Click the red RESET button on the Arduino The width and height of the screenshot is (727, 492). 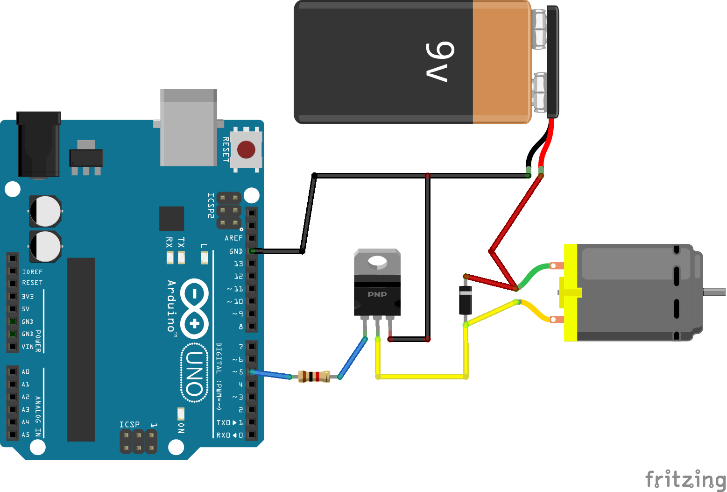click(246, 150)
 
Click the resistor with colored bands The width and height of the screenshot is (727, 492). click(314, 377)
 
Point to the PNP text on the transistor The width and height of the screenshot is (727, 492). click(377, 294)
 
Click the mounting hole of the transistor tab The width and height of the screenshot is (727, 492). click(377, 262)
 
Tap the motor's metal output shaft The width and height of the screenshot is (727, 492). click(714, 292)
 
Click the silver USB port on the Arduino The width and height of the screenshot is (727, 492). click(189, 127)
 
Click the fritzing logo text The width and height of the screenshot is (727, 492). click(685, 479)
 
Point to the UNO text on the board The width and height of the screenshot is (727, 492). click(195, 373)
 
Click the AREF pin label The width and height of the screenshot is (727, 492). click(233, 238)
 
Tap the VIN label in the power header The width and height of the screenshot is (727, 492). click(28, 347)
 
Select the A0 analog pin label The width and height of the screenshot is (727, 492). click(26, 372)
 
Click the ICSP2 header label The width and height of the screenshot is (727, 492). click(211, 206)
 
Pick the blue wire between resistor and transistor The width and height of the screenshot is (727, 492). click(353, 358)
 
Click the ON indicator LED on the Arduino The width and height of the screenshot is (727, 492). click(181, 414)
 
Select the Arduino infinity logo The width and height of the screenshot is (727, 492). click(194, 308)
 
